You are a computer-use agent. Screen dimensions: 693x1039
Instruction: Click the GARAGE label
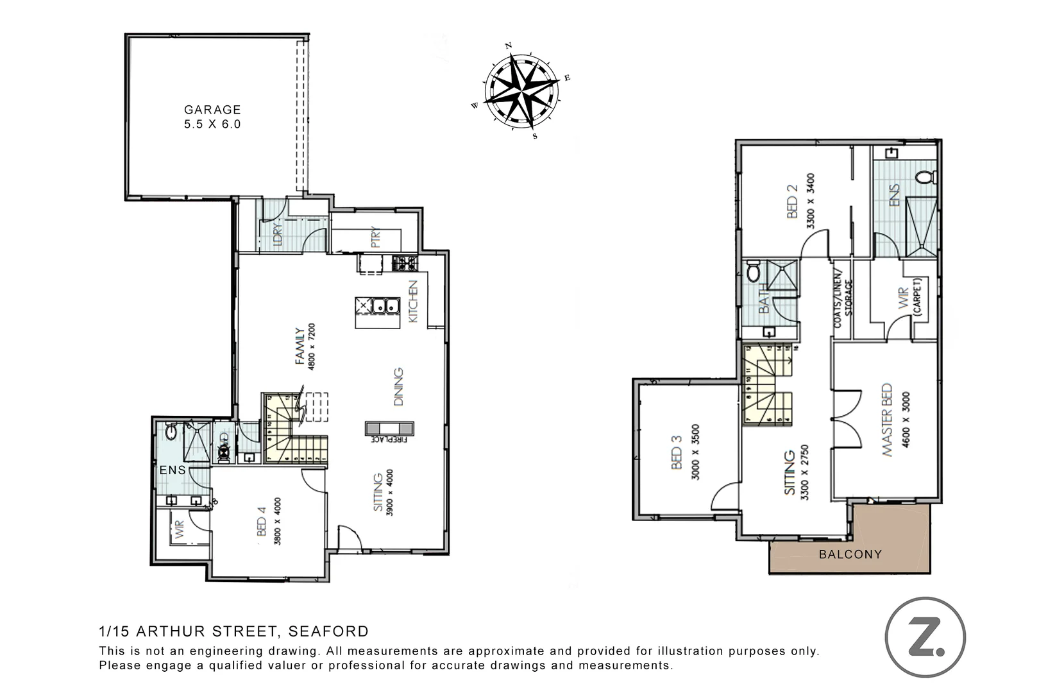pyautogui.click(x=212, y=110)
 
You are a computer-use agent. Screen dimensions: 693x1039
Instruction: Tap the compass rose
pyautogui.click(x=520, y=90)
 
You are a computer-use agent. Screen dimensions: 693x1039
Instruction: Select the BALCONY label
pyautogui.click(x=850, y=554)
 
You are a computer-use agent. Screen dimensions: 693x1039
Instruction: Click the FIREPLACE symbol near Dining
pyautogui.click(x=389, y=428)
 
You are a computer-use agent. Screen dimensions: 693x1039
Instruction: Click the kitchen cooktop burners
pyautogui.click(x=404, y=262)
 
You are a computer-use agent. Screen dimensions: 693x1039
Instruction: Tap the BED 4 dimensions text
pyautogui.click(x=278, y=521)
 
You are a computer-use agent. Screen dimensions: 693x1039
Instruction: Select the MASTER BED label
pyautogui.click(x=887, y=420)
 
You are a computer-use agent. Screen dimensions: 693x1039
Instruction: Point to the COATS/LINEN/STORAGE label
pyautogui.click(x=843, y=303)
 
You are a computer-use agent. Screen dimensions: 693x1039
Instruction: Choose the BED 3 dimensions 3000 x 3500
pyautogui.click(x=696, y=452)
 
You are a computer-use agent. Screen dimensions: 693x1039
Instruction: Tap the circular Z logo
pyautogui.click(x=925, y=637)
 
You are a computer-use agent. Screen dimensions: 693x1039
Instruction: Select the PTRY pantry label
pyautogui.click(x=376, y=237)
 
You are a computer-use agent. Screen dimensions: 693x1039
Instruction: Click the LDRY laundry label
pyautogui.click(x=278, y=235)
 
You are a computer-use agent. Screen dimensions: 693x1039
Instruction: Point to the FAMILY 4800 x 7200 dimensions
pyautogui.click(x=312, y=346)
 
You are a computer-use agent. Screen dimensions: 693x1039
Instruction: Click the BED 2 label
pyautogui.click(x=792, y=201)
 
